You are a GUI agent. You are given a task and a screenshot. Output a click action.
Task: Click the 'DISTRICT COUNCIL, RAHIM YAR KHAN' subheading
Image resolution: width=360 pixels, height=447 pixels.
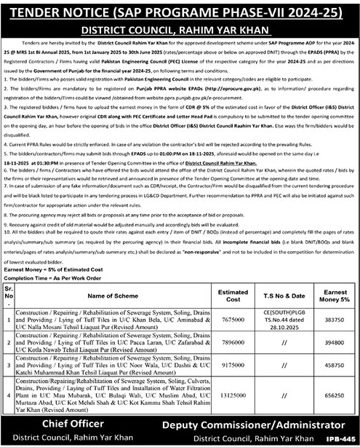pos(180,31)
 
